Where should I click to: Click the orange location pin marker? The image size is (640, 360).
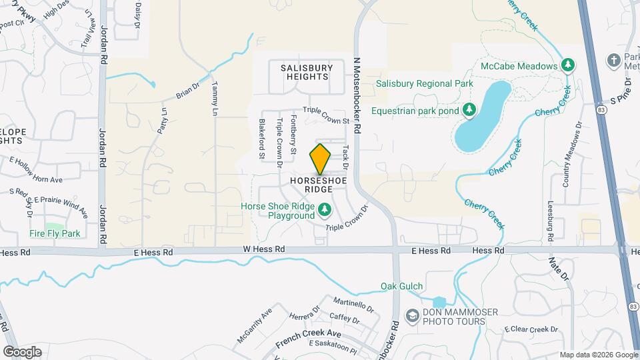click(320, 159)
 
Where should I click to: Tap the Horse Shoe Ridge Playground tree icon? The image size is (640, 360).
click(325, 211)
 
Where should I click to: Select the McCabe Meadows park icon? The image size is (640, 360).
click(567, 65)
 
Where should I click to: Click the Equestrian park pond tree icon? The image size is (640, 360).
click(469, 109)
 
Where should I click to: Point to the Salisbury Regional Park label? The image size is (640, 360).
click(424, 84)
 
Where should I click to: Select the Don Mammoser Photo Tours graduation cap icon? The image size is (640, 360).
click(413, 315)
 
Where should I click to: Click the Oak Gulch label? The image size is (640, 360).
click(402, 287)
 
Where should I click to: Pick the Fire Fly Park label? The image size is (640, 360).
click(55, 234)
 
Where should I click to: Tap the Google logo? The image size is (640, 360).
click(22, 351)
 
